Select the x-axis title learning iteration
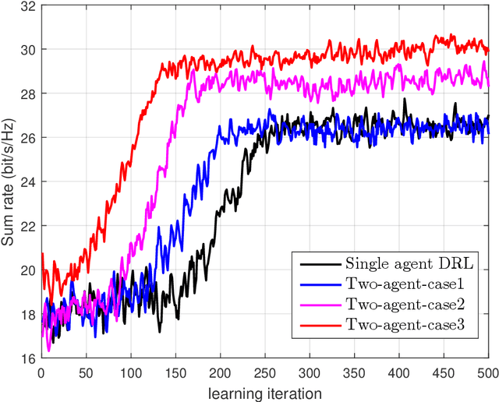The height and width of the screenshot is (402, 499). pos(265,393)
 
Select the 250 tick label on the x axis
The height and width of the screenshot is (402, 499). pos(265,373)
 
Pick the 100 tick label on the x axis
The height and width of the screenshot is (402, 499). pos(130,373)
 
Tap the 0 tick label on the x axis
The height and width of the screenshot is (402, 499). pos(41,373)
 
